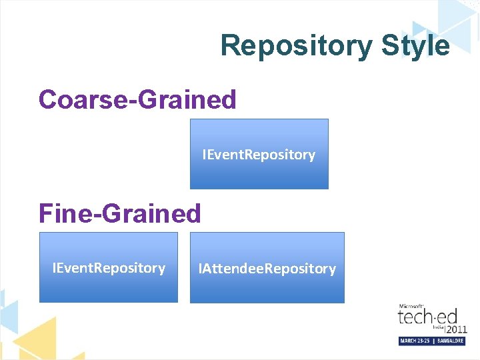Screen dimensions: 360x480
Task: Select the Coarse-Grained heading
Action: pos(137,99)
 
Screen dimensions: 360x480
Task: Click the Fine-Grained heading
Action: pos(119,213)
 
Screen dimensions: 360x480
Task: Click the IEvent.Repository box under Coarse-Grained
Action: pos(259,153)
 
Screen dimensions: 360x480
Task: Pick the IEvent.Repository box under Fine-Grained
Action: pos(109,267)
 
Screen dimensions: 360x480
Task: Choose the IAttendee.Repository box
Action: pos(267,267)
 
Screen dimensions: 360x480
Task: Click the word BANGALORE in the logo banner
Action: pos(450,341)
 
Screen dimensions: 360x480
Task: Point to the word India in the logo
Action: pos(438,326)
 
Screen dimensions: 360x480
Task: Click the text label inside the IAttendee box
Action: pos(267,269)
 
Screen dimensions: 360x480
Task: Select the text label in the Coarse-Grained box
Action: pos(259,155)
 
